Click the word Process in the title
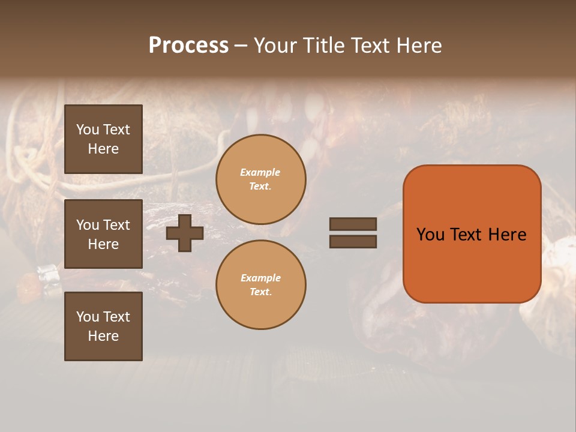click(x=188, y=46)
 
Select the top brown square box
click(x=103, y=139)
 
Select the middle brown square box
click(x=103, y=234)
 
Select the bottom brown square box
click(x=103, y=326)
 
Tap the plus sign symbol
click(x=185, y=233)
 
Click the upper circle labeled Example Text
click(x=261, y=179)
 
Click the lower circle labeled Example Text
click(x=261, y=285)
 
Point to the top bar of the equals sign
click(x=353, y=224)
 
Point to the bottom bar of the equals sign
click(x=353, y=242)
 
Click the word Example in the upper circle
click(x=260, y=172)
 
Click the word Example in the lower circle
click(x=260, y=278)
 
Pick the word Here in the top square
click(x=103, y=149)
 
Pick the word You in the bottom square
click(x=88, y=317)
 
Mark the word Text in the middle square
click(x=116, y=225)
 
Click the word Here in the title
click(x=418, y=46)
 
